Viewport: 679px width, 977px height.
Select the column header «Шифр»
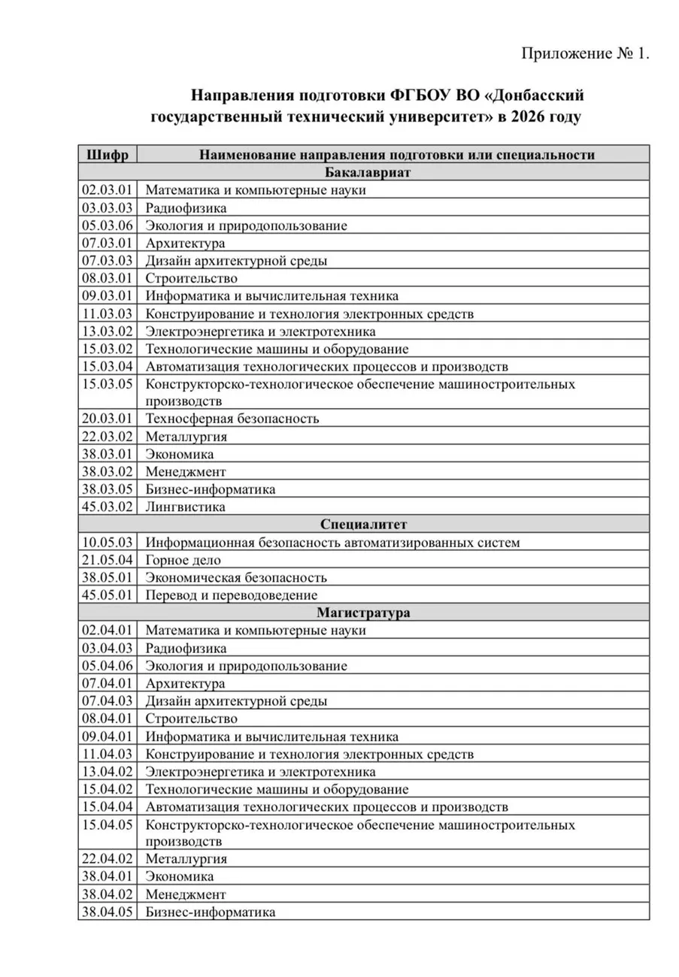pyautogui.click(x=108, y=155)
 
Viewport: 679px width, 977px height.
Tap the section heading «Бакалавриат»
pyautogui.click(x=363, y=172)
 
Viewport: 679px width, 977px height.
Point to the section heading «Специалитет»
pyautogui.click(x=363, y=524)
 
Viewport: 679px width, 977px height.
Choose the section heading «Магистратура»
pyautogui.click(x=363, y=613)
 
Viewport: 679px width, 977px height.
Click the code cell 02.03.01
pyautogui.click(x=108, y=190)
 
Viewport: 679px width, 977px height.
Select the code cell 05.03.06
pyautogui.click(x=108, y=225)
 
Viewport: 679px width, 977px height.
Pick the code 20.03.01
pyautogui.click(x=108, y=419)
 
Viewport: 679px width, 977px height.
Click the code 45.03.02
pyautogui.click(x=108, y=507)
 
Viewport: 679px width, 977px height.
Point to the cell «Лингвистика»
pyautogui.click(x=186, y=507)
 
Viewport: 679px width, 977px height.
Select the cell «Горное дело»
pyautogui.click(x=183, y=560)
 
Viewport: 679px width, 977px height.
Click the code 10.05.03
pyautogui.click(x=108, y=542)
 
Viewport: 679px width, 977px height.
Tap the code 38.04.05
pyautogui.click(x=108, y=912)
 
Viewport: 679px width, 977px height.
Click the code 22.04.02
pyautogui.click(x=108, y=859)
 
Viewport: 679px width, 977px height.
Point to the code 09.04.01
pyautogui.click(x=108, y=737)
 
